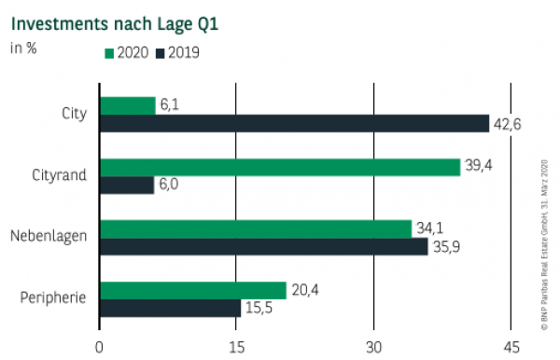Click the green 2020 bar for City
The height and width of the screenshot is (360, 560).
127,105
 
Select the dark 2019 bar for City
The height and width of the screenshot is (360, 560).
294,123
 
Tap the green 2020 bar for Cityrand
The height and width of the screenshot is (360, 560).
279,167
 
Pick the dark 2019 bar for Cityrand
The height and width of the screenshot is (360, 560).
126,185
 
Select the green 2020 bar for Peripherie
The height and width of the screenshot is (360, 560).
192,290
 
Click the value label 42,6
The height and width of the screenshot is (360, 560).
510,124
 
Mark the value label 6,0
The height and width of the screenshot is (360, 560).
173,186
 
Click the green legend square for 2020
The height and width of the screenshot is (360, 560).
109,53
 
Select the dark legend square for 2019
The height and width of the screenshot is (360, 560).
161,53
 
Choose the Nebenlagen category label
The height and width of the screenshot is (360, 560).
52,237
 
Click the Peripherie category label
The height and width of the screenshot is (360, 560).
53,298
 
